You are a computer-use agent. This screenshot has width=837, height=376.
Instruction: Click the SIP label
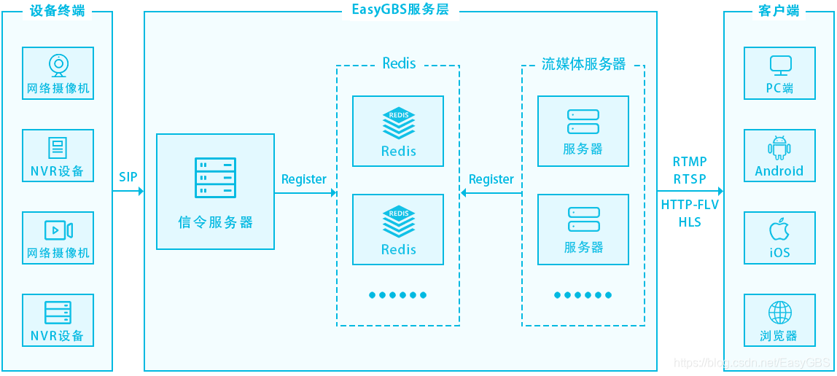point(128,177)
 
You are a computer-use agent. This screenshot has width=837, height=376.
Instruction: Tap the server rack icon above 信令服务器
point(215,177)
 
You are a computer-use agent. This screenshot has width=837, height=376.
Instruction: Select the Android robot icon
point(779,148)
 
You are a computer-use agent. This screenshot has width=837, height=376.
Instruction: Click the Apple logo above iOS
point(779,230)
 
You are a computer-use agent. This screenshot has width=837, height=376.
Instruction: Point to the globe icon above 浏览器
point(779,313)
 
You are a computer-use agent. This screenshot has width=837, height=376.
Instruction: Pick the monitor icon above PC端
point(780,66)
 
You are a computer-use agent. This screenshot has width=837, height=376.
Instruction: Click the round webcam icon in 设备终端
point(58,66)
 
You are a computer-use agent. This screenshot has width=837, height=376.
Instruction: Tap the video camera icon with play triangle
point(58,230)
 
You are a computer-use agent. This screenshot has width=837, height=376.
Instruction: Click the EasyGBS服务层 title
point(400,10)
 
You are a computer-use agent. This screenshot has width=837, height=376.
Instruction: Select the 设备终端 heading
point(57,10)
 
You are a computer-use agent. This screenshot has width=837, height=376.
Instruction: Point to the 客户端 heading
point(779,10)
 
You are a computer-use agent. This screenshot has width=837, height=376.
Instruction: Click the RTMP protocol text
point(690,162)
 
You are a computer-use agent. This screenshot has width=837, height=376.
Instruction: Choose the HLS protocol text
point(690,222)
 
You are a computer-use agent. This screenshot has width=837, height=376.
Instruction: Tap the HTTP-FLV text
point(690,205)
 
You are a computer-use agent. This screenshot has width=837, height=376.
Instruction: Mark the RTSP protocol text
point(690,179)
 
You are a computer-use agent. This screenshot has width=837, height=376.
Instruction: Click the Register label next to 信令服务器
point(304,179)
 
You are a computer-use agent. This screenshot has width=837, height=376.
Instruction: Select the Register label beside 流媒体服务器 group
point(491,179)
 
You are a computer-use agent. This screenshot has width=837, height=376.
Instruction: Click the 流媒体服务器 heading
point(583,64)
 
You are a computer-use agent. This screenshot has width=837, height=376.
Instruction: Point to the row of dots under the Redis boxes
point(397,295)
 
